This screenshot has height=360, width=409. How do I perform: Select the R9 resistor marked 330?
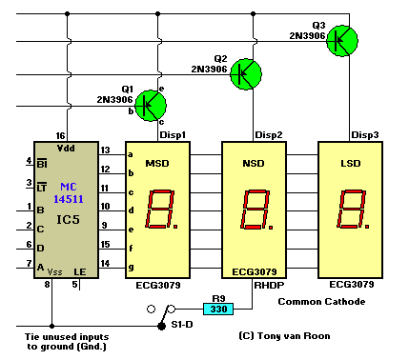point(217,309)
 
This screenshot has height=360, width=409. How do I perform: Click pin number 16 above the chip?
point(61,136)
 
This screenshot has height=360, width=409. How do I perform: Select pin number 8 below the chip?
point(48,284)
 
